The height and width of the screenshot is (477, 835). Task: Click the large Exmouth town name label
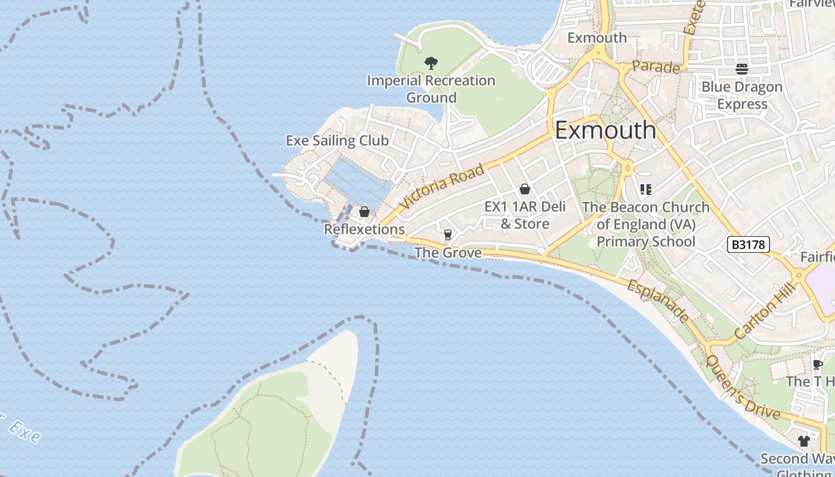coord(605,130)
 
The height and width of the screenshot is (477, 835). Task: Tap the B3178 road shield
coord(749,244)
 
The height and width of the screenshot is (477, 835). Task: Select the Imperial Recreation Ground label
coord(431,89)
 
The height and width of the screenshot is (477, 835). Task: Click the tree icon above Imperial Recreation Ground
coord(431,63)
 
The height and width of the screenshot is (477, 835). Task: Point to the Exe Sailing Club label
coord(337,141)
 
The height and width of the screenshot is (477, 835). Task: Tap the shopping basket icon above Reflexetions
coord(364,212)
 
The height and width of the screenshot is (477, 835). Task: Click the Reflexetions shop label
coord(364,230)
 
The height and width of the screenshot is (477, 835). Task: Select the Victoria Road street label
coord(441,187)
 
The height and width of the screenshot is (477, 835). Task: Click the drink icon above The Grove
coord(448,234)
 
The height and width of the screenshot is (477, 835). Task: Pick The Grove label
coord(448,253)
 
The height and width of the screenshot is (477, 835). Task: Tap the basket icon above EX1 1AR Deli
coord(525,189)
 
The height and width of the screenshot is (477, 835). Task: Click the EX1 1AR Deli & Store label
coord(517,215)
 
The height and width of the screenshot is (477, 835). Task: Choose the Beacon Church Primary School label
coord(646,224)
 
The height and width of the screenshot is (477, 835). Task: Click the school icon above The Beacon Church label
coord(645,190)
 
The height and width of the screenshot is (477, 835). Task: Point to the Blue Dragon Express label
coord(742,95)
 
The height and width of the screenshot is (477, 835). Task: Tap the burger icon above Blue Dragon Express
coord(742,69)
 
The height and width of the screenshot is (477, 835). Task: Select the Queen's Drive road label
coord(743,387)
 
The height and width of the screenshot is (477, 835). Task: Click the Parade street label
coord(656,67)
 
